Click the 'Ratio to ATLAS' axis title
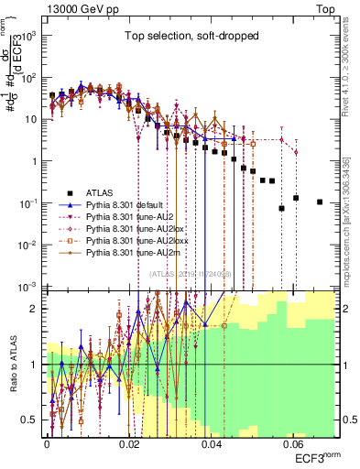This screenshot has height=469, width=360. [11, 364]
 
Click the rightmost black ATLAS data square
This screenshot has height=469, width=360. [320, 202]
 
